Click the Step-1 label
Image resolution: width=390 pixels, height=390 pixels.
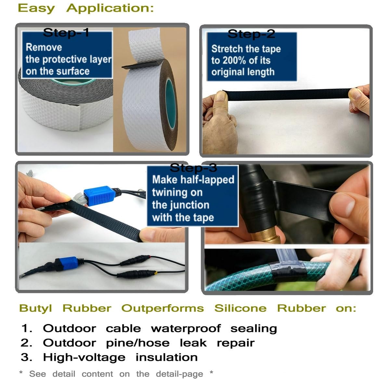[x=66, y=32]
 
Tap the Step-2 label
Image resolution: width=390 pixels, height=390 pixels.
[x=251, y=34]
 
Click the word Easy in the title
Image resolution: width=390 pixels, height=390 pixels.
[x=36, y=8]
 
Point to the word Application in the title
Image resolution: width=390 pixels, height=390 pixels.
[x=110, y=8]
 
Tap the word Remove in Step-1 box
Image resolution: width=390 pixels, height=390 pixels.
[x=44, y=47]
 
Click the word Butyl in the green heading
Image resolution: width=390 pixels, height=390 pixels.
[x=35, y=308]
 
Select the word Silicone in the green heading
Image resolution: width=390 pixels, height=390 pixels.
[x=240, y=308]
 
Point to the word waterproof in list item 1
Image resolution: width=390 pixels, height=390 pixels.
[x=186, y=329]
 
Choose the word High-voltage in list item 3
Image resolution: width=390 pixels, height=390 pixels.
[x=84, y=357]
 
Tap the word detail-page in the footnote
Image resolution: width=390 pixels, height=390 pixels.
[x=179, y=374]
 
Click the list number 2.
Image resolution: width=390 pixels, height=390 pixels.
[x=26, y=343]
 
